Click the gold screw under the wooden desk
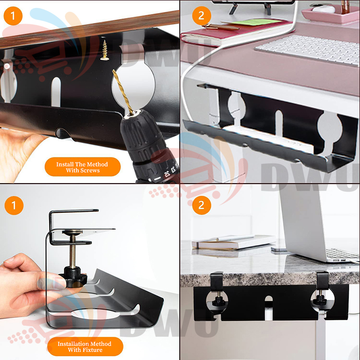point(105,50)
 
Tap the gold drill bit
point(123,92)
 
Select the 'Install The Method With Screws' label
point(82,167)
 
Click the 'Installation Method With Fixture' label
point(85,346)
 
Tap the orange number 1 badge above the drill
point(13,16)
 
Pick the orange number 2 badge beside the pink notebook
point(201,16)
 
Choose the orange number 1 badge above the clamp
point(14,205)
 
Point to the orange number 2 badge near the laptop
point(201,205)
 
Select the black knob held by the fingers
point(73,277)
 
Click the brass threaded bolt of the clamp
point(72,252)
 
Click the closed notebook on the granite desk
point(234,242)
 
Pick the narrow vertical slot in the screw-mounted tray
point(56,92)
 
